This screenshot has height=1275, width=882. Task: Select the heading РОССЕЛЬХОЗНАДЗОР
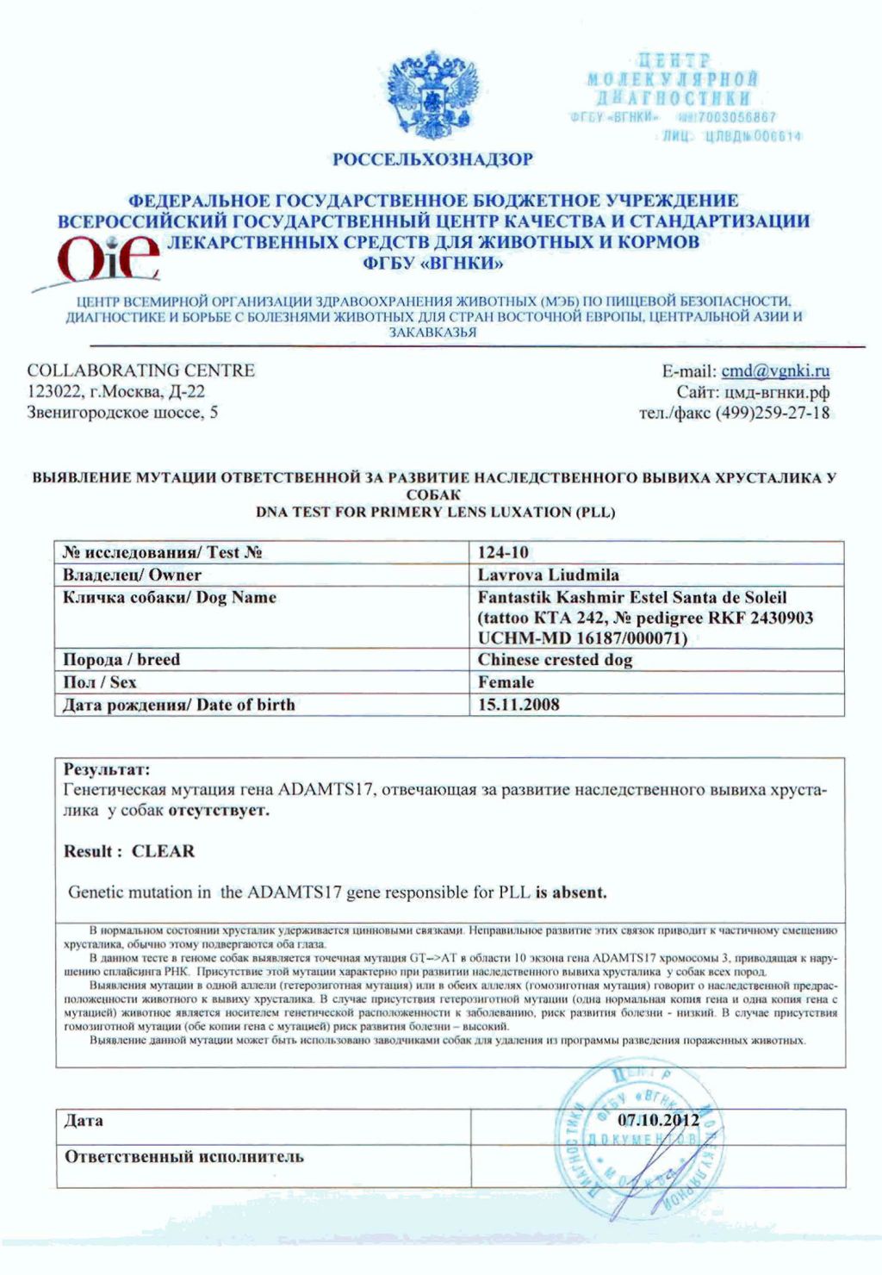pyautogui.click(x=433, y=159)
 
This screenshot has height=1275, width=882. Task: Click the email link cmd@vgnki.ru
pyautogui.click(x=775, y=371)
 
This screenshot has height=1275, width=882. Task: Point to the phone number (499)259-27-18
pyautogui.click(x=773, y=413)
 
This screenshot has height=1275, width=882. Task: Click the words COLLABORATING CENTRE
pyautogui.click(x=141, y=370)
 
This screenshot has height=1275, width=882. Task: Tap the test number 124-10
pyautogui.click(x=504, y=552)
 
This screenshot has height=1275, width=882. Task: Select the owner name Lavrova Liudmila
pyautogui.click(x=548, y=575)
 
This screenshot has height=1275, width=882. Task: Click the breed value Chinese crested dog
pyautogui.click(x=555, y=660)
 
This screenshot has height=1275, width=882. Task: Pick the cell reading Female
pyautogui.click(x=506, y=682)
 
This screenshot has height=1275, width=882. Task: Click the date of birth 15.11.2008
pyautogui.click(x=519, y=705)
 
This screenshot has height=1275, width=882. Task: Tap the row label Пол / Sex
pyautogui.click(x=100, y=682)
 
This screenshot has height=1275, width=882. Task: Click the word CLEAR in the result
pyautogui.click(x=163, y=851)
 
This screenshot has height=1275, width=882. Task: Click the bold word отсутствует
pyautogui.click(x=219, y=811)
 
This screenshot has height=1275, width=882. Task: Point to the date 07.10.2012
pyautogui.click(x=658, y=1120)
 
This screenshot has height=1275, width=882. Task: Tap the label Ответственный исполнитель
pyautogui.click(x=184, y=1156)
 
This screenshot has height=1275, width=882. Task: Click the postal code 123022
pyautogui.click(x=55, y=392)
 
